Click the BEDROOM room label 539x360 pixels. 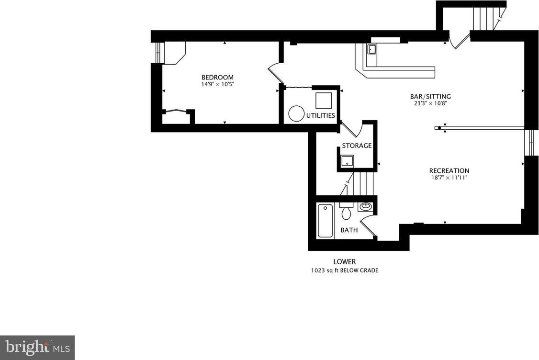tap(217, 78)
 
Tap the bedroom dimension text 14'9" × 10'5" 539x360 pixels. tap(217, 84)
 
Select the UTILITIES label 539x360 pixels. tap(320, 115)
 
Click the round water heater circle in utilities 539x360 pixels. tap(296, 113)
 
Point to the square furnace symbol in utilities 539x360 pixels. tap(324, 101)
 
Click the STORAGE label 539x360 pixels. tap(357, 146)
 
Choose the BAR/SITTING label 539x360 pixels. tap(430, 97)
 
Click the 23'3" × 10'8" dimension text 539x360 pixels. tap(430, 103)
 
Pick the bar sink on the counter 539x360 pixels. tap(372, 49)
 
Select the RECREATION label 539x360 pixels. tap(449, 170)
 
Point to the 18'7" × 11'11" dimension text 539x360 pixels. tap(449, 178)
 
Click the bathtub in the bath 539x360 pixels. tap(325, 220)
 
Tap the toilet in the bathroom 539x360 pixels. tap(346, 211)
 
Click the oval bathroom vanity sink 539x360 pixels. tap(365, 206)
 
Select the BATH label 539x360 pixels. tap(349, 230)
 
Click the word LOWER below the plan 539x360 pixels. tap(345, 262)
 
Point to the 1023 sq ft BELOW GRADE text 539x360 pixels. tap(345, 270)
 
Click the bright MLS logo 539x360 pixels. tap(37, 348)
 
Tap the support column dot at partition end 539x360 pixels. tap(439, 128)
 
